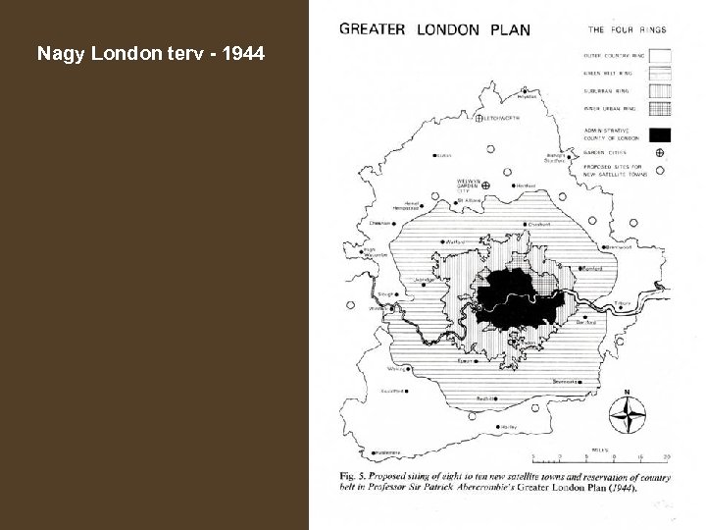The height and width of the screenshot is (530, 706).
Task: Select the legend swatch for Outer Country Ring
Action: point(660,55)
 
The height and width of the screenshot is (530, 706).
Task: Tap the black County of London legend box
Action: point(660,134)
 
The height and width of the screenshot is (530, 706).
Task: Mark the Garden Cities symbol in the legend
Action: point(660,153)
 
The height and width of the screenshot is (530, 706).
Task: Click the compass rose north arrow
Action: point(625,413)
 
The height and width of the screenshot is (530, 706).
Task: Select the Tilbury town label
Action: point(622,303)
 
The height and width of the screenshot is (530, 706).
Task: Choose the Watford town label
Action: point(454,239)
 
